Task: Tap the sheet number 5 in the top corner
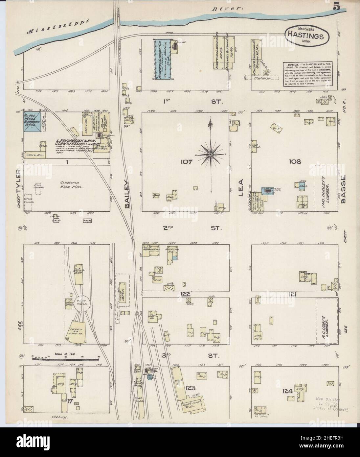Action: click(x=336, y=8)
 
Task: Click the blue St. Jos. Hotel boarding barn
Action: click(x=32, y=122)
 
